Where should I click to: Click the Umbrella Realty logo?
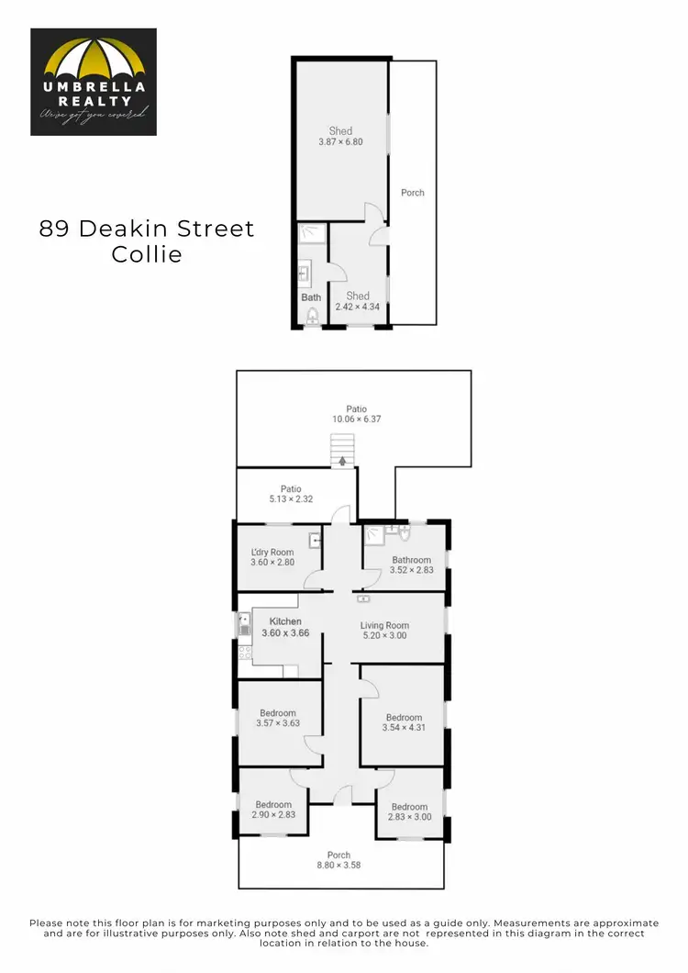[94, 82]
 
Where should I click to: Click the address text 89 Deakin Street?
[147, 229]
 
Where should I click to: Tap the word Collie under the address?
[147, 254]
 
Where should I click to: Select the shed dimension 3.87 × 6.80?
[340, 142]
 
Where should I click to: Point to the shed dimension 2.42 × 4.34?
[358, 308]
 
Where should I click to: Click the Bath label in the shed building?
[311, 297]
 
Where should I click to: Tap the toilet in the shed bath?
[312, 317]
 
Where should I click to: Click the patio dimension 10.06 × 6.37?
[357, 419]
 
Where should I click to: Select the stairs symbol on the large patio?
[342, 451]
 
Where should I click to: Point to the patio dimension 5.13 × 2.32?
[291, 500]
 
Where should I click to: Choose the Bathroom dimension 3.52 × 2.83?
[411, 571]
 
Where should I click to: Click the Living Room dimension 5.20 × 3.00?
[384, 635]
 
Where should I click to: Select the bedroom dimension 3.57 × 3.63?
[278, 723]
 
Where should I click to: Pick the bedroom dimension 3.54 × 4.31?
[404, 728]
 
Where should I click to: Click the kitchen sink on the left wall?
[244, 625]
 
